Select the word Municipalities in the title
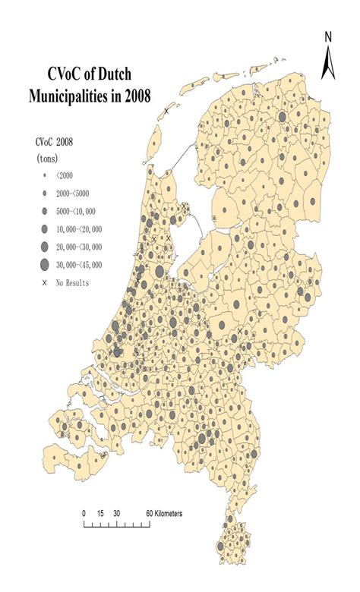(73, 96)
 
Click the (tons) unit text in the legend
(49, 158)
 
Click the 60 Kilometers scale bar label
(165, 513)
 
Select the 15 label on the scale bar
(99, 513)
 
